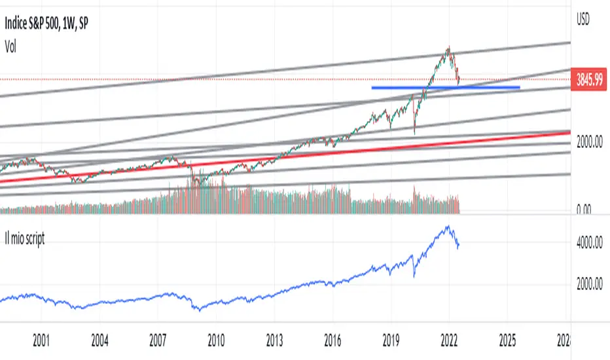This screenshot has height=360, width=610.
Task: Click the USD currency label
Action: click(582, 20)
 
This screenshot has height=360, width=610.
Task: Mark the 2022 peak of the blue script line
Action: click(448, 226)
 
